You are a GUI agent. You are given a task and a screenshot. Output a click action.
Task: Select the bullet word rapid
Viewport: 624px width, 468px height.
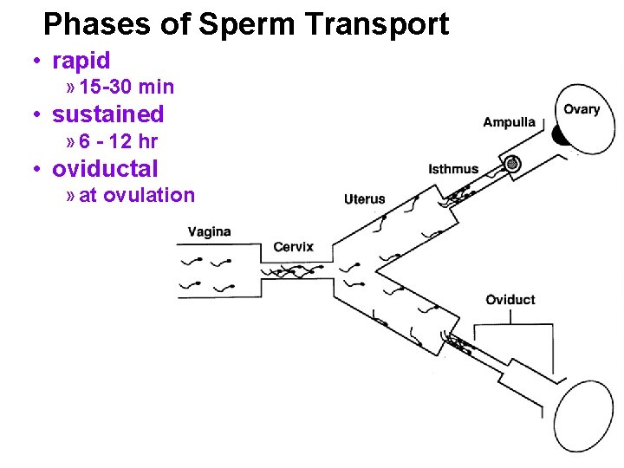81,61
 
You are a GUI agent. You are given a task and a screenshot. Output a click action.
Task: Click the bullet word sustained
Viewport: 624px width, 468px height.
108,114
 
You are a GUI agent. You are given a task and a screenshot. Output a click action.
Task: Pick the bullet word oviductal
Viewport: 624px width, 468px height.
105,168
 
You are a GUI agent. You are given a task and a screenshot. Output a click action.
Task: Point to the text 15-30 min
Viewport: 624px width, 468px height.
127,87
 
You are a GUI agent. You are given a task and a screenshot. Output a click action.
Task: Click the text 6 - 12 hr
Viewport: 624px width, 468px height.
118,141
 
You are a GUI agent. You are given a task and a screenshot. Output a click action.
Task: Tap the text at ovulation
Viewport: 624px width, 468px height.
137,195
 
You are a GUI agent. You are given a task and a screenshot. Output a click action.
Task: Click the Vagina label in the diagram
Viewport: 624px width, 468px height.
209,231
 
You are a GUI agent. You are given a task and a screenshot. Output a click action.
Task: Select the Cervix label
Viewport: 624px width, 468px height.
293,247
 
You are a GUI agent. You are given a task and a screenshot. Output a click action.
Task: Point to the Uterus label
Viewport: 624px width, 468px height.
364,199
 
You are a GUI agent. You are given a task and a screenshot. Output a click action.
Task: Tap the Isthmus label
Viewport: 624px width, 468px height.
453,169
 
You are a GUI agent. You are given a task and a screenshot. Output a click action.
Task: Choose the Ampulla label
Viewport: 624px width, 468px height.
509,122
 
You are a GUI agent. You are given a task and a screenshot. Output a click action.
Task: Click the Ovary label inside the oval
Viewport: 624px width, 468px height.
582,109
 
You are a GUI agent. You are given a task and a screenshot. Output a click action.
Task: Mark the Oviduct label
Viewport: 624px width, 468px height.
510,300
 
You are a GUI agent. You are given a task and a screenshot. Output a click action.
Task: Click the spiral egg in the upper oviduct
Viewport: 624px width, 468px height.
513,162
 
